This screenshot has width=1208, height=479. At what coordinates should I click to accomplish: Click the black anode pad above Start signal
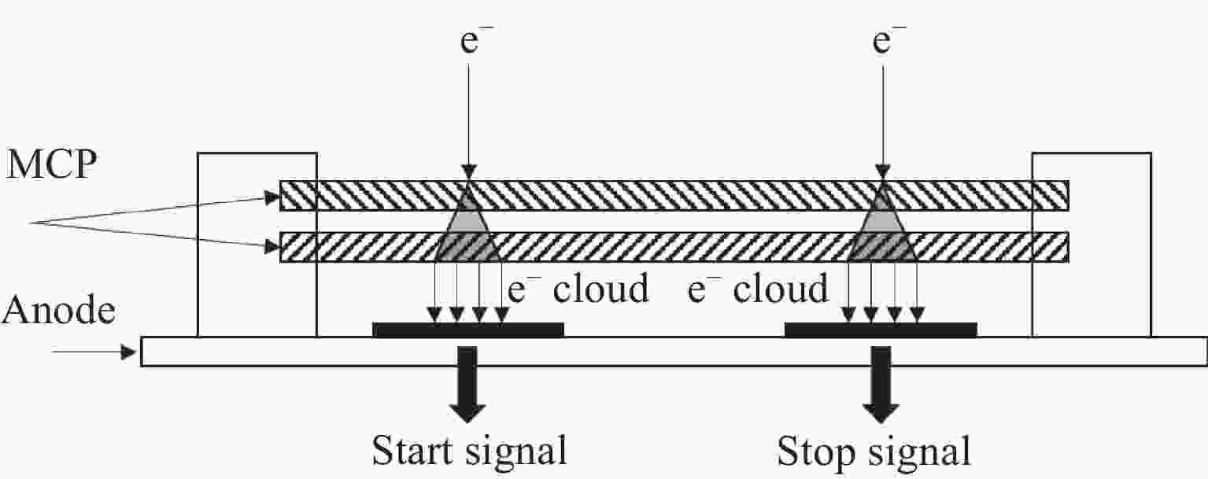pos(468,330)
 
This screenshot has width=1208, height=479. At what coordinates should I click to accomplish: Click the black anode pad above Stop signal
pos(881,330)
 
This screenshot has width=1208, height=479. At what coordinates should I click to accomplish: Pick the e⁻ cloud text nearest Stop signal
pos(758,289)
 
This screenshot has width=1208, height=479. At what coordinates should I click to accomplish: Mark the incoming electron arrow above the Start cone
pos(468,118)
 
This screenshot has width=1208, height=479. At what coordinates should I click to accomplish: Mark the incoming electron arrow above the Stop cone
pos(882,118)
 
